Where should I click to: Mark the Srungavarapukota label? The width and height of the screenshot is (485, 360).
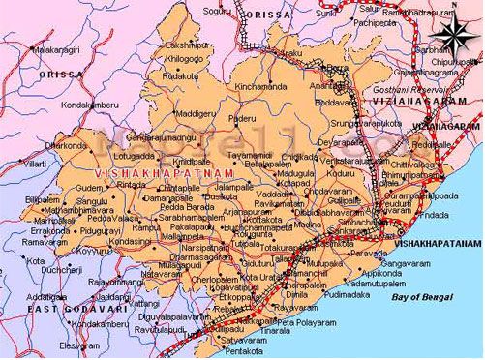(x=367, y=123)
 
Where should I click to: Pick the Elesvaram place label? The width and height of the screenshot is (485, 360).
(x=79, y=345)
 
